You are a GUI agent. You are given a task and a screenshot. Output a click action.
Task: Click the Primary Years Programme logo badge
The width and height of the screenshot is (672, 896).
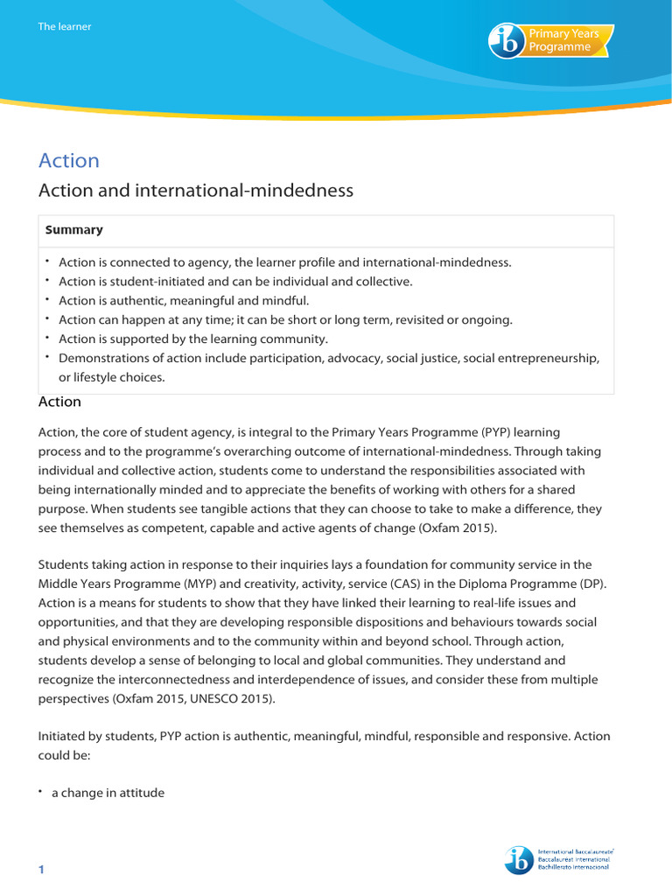coord(551,41)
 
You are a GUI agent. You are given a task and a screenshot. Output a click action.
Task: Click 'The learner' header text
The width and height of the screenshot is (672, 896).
coord(64,26)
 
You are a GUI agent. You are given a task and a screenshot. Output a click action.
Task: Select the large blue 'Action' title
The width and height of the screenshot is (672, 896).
coord(69,160)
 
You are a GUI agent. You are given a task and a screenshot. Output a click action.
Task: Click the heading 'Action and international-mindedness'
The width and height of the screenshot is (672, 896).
coord(196,190)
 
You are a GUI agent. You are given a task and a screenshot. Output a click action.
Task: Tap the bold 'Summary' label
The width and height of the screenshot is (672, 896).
coord(74,230)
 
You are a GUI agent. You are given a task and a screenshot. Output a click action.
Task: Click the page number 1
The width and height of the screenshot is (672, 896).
coord(40,869)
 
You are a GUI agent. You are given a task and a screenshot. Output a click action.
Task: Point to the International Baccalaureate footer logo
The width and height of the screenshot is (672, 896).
coord(558,859)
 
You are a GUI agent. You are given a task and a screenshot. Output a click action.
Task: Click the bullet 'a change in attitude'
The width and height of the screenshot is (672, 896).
coord(108,793)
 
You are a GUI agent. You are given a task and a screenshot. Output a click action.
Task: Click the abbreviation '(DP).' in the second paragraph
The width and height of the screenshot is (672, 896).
coord(593,584)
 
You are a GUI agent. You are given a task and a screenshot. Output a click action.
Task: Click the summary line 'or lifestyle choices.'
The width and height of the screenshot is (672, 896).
coord(111,377)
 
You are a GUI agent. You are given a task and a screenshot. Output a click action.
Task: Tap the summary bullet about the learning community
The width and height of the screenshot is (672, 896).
coord(192,339)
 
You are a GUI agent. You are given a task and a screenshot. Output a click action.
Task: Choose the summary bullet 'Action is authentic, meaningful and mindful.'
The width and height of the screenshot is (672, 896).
coord(184,300)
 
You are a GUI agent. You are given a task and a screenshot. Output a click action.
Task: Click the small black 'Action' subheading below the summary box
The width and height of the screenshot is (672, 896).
coord(60,402)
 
